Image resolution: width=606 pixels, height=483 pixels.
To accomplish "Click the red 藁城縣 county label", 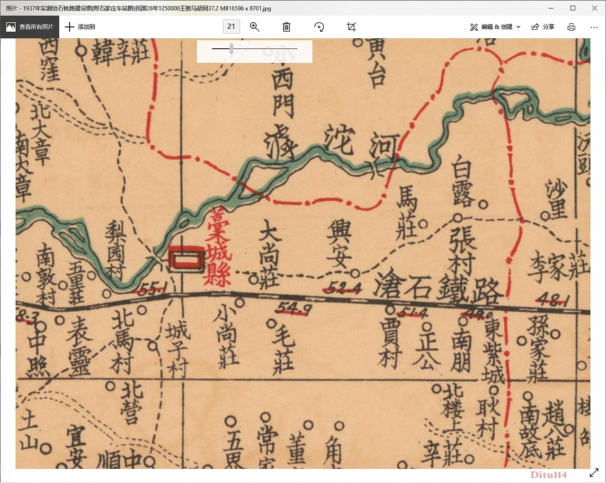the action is tap(217, 246).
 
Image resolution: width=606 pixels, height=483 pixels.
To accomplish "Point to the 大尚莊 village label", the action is tap(269, 256).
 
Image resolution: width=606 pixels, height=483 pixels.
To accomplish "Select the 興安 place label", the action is tap(339, 244).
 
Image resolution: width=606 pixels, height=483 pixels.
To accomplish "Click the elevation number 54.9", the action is tap(293, 308).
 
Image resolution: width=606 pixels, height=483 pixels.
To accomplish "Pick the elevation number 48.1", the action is tap(552, 299).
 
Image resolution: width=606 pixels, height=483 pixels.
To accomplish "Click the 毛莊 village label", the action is tap(284, 350).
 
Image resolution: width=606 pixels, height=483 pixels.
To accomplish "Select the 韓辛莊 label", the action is tap(120, 53).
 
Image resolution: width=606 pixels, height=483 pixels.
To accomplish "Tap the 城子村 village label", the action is tap(178, 348).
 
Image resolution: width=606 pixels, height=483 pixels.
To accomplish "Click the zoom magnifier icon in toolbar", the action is tap(255, 27).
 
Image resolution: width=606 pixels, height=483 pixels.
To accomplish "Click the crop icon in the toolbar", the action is tap(351, 27).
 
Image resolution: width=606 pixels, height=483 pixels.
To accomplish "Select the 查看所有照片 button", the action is tap(30, 27).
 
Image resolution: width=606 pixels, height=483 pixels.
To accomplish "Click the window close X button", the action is tap(595, 8).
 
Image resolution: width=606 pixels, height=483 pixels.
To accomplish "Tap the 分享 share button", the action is tap(543, 27).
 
